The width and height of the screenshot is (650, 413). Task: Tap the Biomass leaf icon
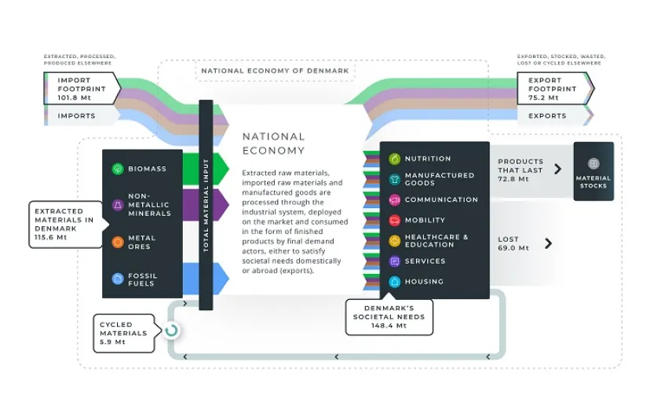[x=117, y=169]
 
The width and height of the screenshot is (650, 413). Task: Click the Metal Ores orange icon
[x=117, y=242]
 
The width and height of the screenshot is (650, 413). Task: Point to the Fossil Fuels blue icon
[x=117, y=278]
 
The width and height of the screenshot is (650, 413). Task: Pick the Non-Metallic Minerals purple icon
[x=117, y=205]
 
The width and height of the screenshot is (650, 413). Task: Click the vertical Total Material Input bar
[x=206, y=204]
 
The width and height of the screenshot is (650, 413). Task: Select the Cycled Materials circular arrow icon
[x=171, y=330]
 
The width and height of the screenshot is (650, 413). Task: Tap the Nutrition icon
[x=394, y=159]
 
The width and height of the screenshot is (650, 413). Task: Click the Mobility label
[x=425, y=221]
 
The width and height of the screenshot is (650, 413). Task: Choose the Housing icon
[x=394, y=282]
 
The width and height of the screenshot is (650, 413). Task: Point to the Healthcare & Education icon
[x=394, y=241]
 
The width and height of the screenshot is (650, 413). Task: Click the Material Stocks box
[x=593, y=170]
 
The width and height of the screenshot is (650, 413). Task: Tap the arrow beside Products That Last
[x=557, y=169]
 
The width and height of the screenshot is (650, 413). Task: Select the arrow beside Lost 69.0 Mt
[x=548, y=243]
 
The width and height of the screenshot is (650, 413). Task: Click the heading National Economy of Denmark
[x=275, y=71]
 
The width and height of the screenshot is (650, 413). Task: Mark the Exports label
[x=547, y=116]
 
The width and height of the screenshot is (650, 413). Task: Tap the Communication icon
[x=394, y=200]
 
